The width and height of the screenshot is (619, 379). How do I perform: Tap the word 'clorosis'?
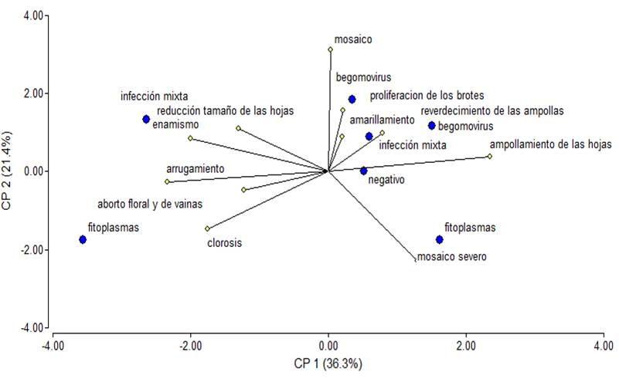click(225, 242)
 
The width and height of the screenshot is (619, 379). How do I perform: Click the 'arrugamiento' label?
click(195, 168)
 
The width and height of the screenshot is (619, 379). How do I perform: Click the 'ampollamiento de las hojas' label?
click(550, 144)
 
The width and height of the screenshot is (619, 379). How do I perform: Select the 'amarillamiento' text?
click(382, 120)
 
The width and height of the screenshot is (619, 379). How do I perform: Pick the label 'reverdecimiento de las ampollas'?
click(492, 110)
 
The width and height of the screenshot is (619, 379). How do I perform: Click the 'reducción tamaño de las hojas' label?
click(219, 111)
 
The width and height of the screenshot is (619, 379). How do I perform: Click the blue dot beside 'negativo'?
click(364, 171)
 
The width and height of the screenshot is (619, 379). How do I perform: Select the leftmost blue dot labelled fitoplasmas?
click(83, 240)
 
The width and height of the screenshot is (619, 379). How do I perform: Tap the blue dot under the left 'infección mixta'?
click(145, 119)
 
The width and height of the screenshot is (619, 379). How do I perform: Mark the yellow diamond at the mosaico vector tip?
click(330, 50)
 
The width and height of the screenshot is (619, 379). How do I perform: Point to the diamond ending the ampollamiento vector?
click(489, 157)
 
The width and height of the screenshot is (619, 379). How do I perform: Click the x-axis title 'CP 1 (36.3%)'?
click(328, 362)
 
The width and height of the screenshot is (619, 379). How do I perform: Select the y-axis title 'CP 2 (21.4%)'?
click(10, 174)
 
